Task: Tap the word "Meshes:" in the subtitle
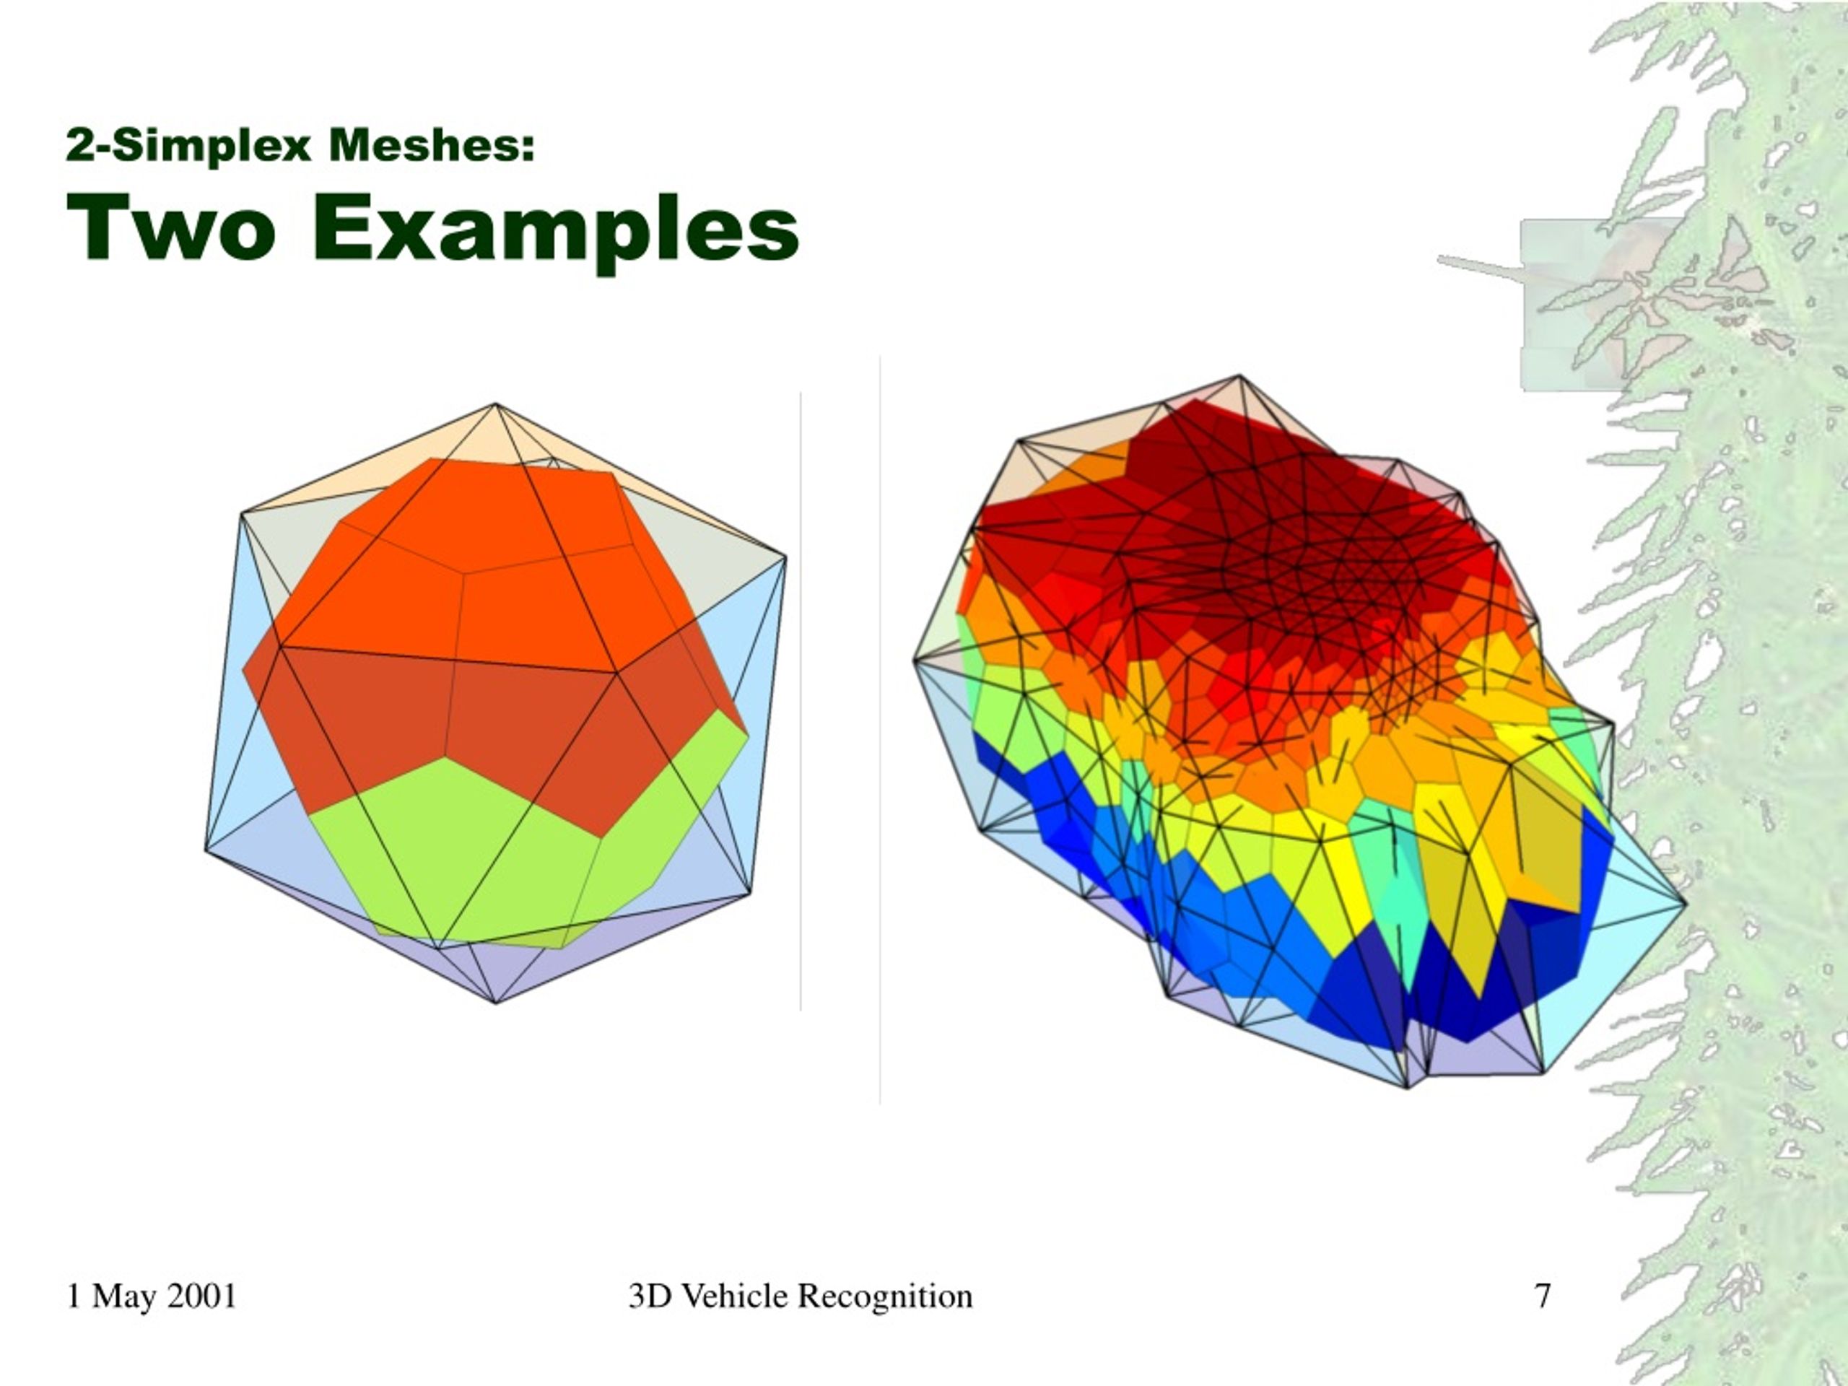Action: point(432,144)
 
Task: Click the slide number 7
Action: point(1542,1296)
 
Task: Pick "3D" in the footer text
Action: point(651,1296)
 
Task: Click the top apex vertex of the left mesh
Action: point(496,405)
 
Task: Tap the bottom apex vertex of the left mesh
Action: point(496,1002)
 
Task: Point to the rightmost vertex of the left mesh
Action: point(785,556)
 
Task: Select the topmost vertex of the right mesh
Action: point(1239,376)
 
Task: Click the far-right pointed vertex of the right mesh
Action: point(1686,902)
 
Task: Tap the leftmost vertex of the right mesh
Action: point(914,660)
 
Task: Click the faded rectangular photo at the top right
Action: point(1600,305)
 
